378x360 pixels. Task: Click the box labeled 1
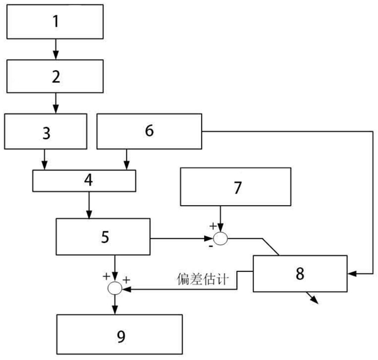(55, 21)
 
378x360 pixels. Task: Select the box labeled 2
(55, 76)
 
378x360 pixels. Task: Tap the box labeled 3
(46, 132)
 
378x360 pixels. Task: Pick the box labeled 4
(84, 181)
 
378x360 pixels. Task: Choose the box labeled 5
(103, 237)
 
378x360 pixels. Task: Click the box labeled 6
(149, 132)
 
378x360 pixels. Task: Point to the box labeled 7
(235, 187)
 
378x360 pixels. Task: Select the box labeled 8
(300, 274)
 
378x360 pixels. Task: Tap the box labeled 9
(119, 334)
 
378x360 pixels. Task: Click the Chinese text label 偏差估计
(202, 279)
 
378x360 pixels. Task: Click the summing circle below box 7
(220, 239)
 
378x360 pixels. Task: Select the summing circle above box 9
(115, 288)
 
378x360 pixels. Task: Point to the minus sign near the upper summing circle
(211, 246)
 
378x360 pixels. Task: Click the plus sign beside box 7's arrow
(213, 226)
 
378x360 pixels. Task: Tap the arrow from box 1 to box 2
(56, 49)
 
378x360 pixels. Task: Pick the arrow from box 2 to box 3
(56, 103)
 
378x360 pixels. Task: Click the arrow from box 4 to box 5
(89, 205)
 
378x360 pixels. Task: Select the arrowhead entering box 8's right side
(351, 274)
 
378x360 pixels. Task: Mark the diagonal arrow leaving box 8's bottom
(312, 298)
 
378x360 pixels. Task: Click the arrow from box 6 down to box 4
(127, 159)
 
